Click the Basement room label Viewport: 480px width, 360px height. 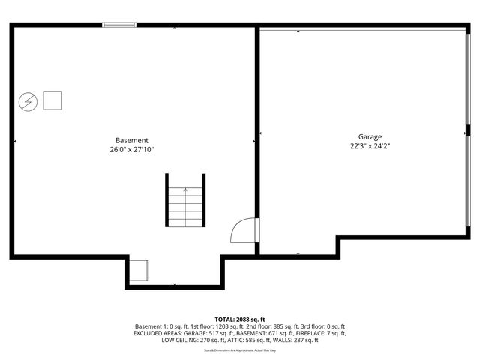point(132,140)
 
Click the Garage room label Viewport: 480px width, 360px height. point(370,136)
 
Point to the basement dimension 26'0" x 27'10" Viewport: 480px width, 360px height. point(132,149)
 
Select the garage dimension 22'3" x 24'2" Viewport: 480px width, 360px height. point(370,145)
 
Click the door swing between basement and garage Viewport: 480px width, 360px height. point(243,230)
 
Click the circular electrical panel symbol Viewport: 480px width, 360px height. point(28,100)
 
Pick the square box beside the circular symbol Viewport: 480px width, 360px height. point(52,100)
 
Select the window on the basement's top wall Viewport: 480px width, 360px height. point(119,25)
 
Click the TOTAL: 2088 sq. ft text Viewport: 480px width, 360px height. point(240,319)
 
